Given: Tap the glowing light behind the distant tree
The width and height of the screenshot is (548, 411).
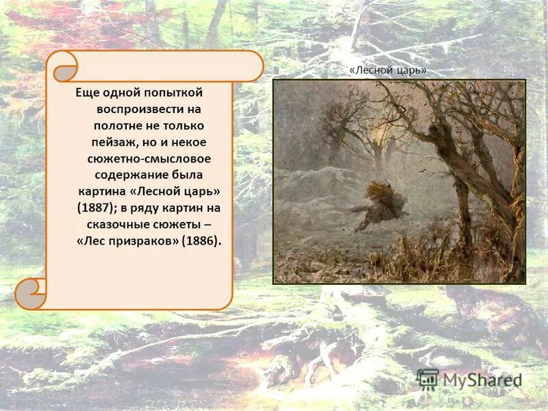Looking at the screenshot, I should (x=376, y=126).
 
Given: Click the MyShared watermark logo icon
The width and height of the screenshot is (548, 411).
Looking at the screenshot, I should (x=427, y=378).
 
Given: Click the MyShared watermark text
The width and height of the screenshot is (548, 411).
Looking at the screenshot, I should (x=482, y=379).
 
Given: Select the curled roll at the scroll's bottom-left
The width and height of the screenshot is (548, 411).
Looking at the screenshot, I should (x=31, y=293).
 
